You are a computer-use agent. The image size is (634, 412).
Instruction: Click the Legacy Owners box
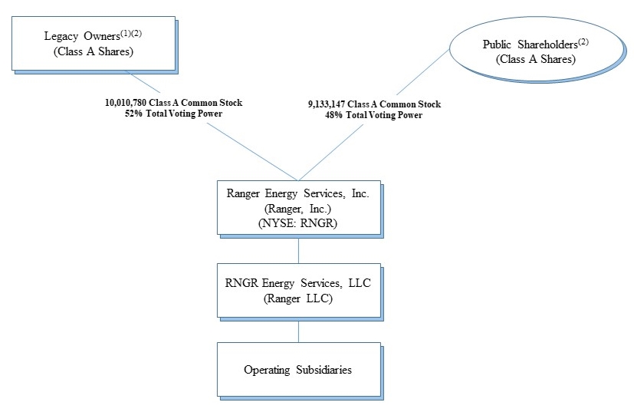[x=94, y=43]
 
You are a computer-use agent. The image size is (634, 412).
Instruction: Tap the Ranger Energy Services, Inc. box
[x=299, y=208]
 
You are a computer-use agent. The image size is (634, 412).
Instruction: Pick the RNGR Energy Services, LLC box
[x=299, y=291]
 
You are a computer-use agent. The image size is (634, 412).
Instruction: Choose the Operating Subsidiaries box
[x=299, y=370]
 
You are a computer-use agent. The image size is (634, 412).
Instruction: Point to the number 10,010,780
[x=126, y=103]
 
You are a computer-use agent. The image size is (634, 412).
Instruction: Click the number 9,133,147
[x=327, y=104]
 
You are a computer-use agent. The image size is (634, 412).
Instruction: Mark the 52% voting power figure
[x=133, y=114]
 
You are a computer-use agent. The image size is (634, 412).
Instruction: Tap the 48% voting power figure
[x=334, y=115]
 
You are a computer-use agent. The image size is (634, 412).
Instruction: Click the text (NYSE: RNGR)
[x=298, y=223]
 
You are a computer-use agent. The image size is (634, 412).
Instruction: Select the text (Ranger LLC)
[x=298, y=298]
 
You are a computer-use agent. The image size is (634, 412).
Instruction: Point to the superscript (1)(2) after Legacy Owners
[x=131, y=33]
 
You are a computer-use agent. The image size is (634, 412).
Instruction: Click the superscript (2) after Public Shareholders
[x=583, y=41]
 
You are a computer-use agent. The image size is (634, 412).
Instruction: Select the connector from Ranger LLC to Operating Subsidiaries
[x=299, y=330]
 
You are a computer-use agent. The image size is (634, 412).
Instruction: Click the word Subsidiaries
[x=324, y=370]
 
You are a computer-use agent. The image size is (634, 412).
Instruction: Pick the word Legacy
[x=61, y=36]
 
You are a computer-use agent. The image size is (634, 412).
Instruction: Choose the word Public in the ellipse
[x=497, y=44]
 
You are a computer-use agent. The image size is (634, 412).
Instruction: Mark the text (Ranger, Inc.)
[x=298, y=209]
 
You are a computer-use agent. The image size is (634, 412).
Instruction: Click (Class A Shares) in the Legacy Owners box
[x=94, y=51]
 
